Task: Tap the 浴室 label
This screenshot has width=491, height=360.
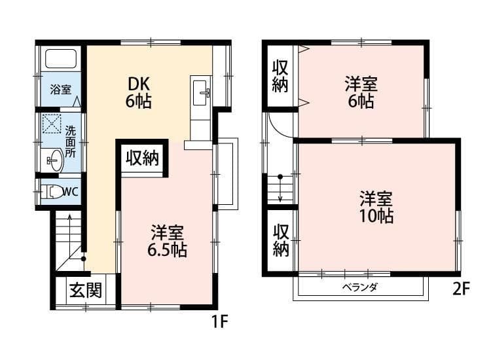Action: (x=61, y=90)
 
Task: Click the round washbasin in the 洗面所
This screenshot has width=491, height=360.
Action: (x=54, y=159)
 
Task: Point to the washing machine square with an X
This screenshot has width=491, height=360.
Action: (x=52, y=124)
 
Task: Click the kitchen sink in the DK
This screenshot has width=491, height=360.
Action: (x=201, y=92)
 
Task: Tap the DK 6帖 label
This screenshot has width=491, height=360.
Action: (x=139, y=93)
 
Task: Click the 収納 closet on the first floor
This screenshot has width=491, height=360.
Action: (x=142, y=158)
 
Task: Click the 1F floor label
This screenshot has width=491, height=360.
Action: (x=218, y=321)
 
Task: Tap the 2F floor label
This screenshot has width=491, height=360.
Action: (x=461, y=289)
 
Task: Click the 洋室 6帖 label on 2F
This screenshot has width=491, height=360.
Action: (x=361, y=93)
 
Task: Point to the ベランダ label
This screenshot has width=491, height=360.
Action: (x=360, y=287)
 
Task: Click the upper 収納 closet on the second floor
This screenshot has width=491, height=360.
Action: (x=280, y=77)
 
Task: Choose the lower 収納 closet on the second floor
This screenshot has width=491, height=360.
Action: (x=281, y=240)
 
